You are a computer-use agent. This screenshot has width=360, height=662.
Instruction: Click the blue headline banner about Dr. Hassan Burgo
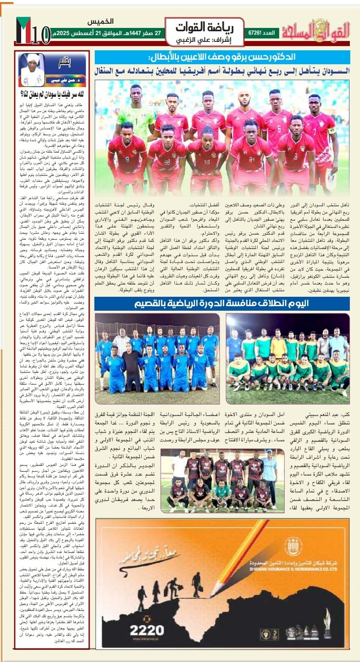point(222,57)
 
